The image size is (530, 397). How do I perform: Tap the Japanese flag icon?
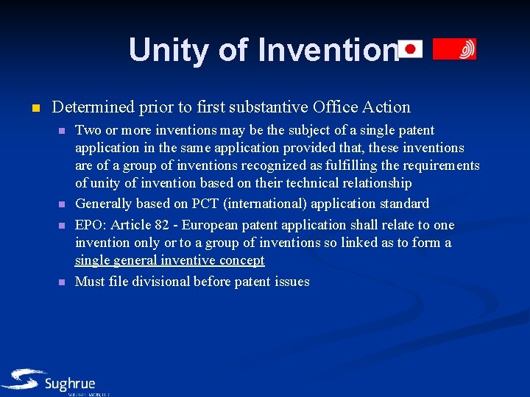click(x=410, y=49)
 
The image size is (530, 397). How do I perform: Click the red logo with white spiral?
click(x=454, y=49)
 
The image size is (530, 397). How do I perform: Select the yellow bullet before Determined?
click(x=34, y=108)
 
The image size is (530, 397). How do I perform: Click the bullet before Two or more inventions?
click(x=62, y=131)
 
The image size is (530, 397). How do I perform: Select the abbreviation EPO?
click(x=91, y=225)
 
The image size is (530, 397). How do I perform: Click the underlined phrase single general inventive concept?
click(x=169, y=261)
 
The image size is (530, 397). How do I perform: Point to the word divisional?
click(x=160, y=282)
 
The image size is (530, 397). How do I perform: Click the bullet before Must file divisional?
click(x=62, y=282)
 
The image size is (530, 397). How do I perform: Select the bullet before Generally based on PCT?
click(x=62, y=204)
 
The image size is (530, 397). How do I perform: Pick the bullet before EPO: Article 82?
click(x=62, y=226)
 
